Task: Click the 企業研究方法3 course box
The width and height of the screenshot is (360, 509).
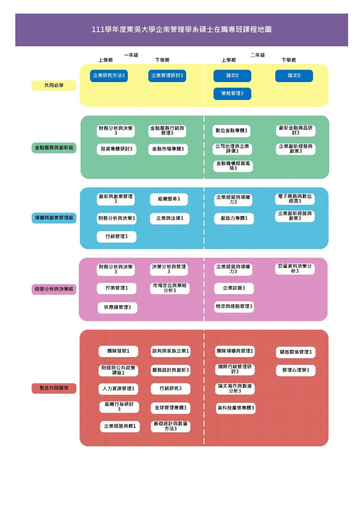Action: tap(109, 76)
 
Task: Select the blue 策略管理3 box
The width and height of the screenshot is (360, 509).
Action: tap(232, 94)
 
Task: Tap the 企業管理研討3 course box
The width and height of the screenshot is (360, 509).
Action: tap(167, 76)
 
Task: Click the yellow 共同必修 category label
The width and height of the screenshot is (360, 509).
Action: tap(54, 85)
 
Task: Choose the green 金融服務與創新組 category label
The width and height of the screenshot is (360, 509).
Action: tap(54, 148)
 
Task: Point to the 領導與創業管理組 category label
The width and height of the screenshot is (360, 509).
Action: tap(54, 218)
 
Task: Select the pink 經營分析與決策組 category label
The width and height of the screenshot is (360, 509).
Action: tap(54, 289)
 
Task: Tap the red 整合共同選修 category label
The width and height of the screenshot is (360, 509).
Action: tap(54, 388)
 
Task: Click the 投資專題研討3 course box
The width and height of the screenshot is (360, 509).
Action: tap(116, 149)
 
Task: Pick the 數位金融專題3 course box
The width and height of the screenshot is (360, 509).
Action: tap(231, 131)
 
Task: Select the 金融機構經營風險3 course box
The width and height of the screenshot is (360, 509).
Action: tap(233, 166)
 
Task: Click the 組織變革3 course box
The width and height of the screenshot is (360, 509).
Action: tap(168, 199)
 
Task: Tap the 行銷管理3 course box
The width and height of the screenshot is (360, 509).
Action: tap(116, 237)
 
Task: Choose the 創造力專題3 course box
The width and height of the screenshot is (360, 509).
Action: tap(234, 219)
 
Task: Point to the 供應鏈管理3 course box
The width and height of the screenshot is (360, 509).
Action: tap(117, 307)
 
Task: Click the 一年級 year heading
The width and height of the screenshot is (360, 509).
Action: tap(131, 55)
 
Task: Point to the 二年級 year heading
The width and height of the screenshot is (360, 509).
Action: tap(257, 55)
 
